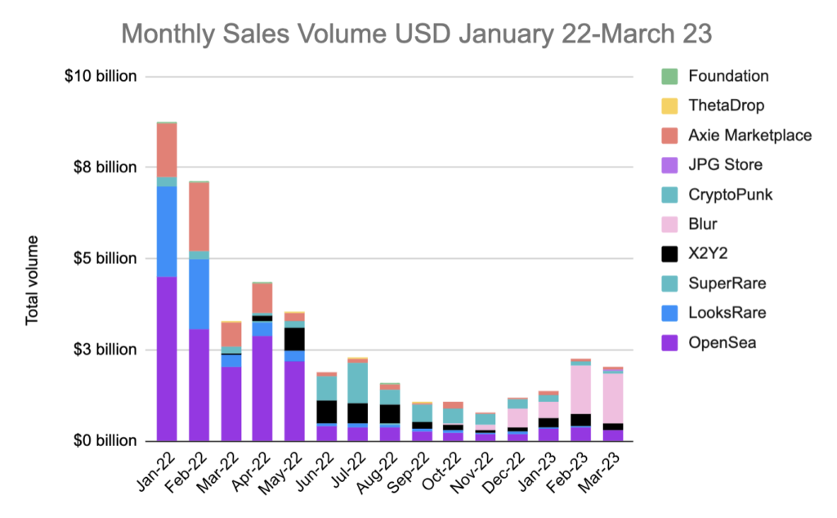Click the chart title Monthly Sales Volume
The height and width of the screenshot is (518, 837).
(418, 33)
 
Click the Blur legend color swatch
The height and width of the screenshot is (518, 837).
(669, 224)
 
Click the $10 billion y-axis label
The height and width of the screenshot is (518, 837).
(103, 77)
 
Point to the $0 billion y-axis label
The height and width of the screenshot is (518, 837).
(106, 441)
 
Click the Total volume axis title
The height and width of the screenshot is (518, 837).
(32, 280)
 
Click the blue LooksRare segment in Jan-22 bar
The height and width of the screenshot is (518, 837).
(167, 231)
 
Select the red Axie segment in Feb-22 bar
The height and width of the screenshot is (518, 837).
(199, 217)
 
